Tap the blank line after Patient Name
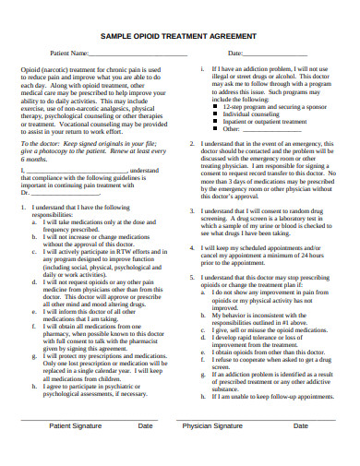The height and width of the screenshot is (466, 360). [x=129, y=54]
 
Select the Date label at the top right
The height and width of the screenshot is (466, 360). [x=234, y=53]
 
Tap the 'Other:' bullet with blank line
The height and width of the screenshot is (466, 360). [x=247, y=129]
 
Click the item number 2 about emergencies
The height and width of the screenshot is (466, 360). [x=191, y=145]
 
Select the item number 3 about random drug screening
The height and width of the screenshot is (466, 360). [x=191, y=210]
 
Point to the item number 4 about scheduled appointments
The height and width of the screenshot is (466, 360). [x=191, y=247]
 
